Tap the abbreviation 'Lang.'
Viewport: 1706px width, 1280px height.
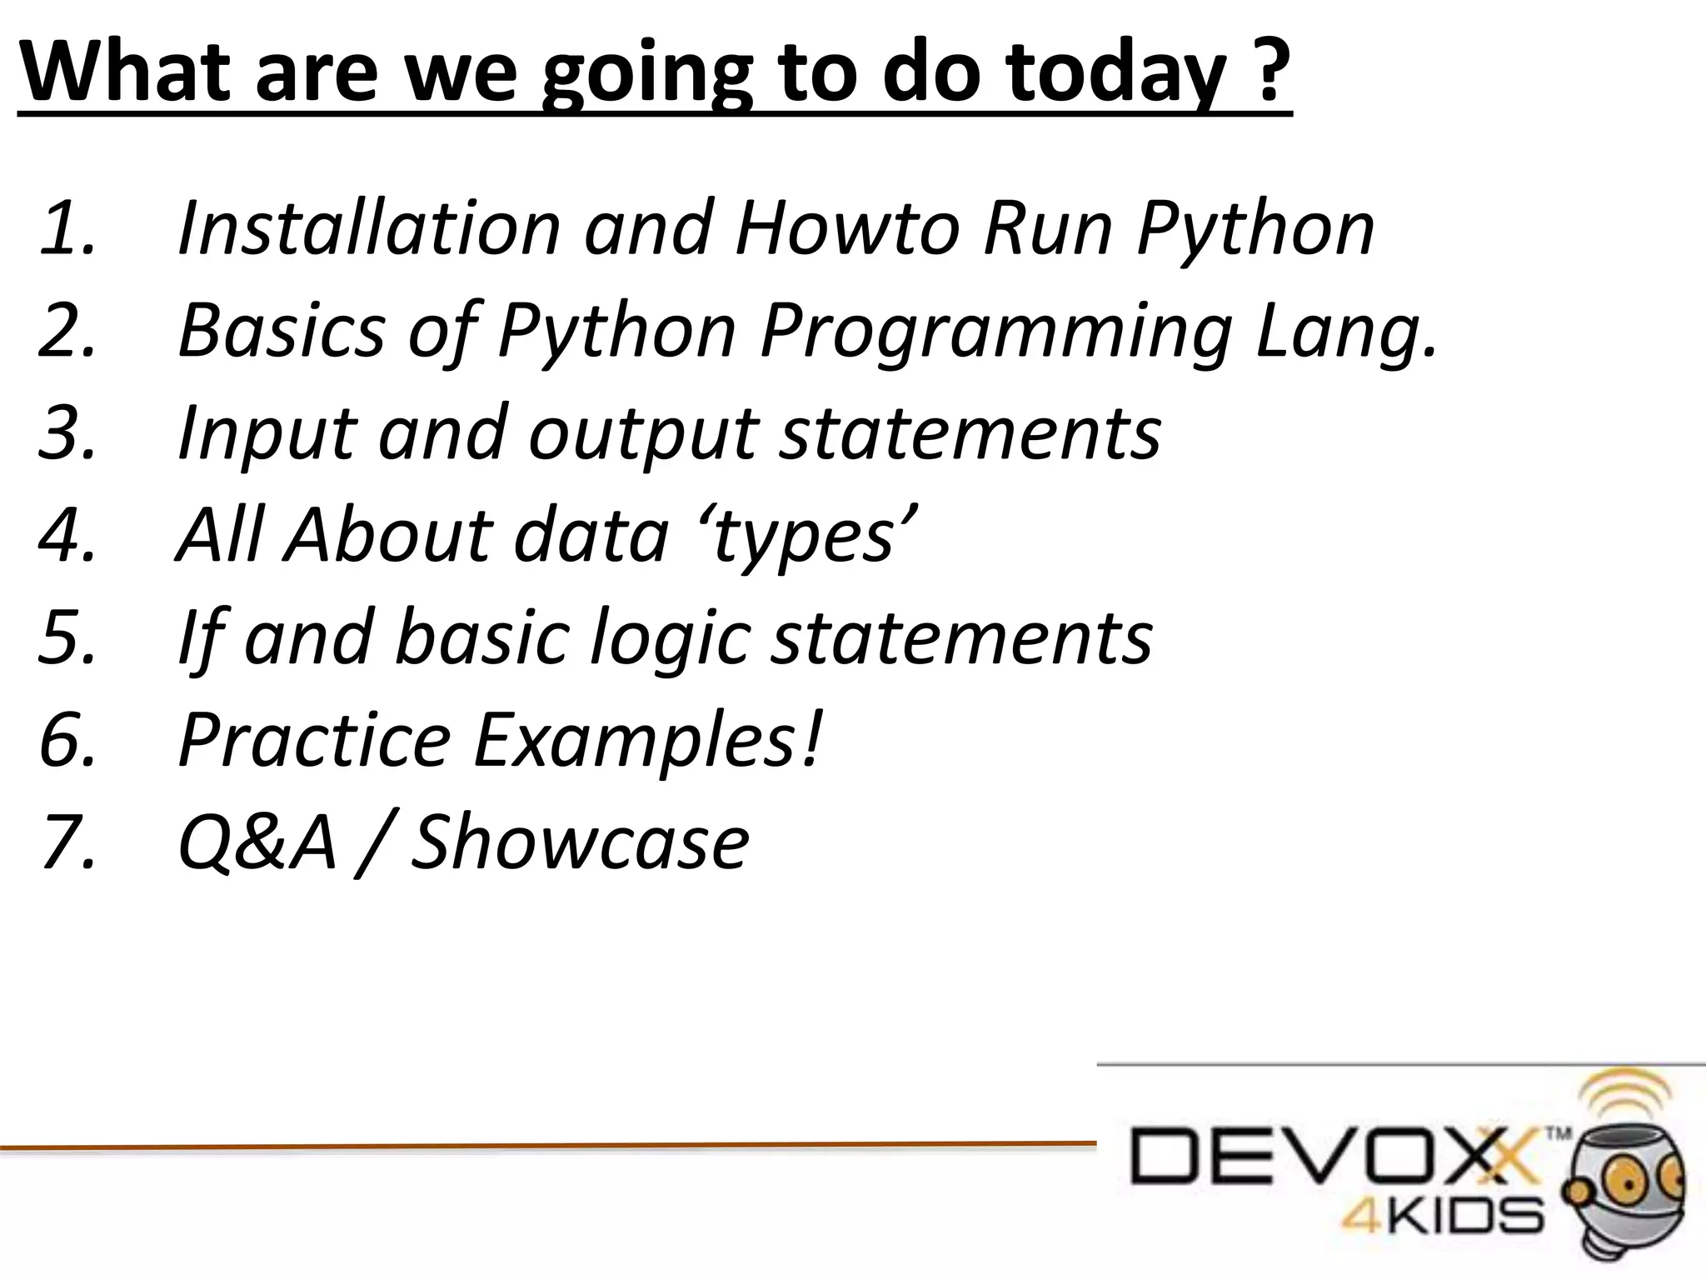tap(1346, 332)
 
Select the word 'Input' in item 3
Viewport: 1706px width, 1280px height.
tap(267, 433)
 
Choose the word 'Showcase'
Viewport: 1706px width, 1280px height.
tap(580, 842)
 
